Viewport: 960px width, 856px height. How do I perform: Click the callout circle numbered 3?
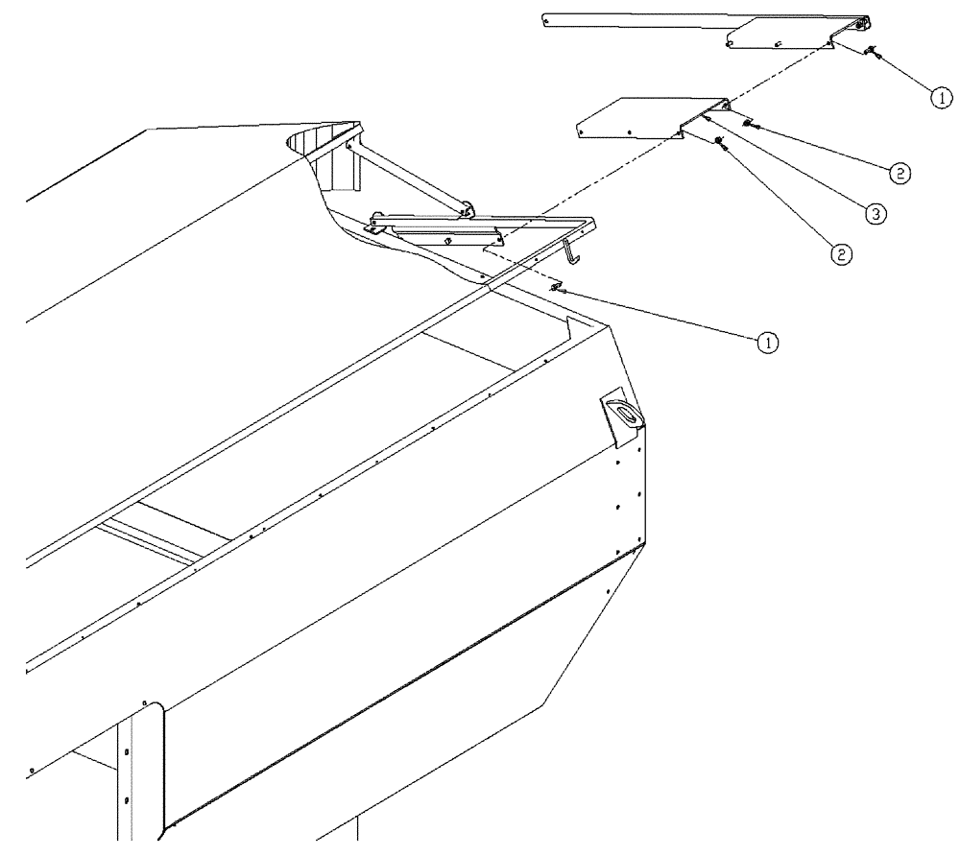click(875, 214)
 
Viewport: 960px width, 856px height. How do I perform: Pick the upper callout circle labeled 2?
click(899, 174)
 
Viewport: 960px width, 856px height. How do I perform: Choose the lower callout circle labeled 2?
click(841, 253)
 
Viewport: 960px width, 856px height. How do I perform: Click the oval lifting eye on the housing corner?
click(624, 415)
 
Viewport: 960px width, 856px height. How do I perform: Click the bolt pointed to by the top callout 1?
click(871, 54)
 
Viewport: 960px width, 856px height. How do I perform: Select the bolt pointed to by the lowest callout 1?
click(558, 286)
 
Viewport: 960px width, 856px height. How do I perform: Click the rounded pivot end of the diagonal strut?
click(468, 205)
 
